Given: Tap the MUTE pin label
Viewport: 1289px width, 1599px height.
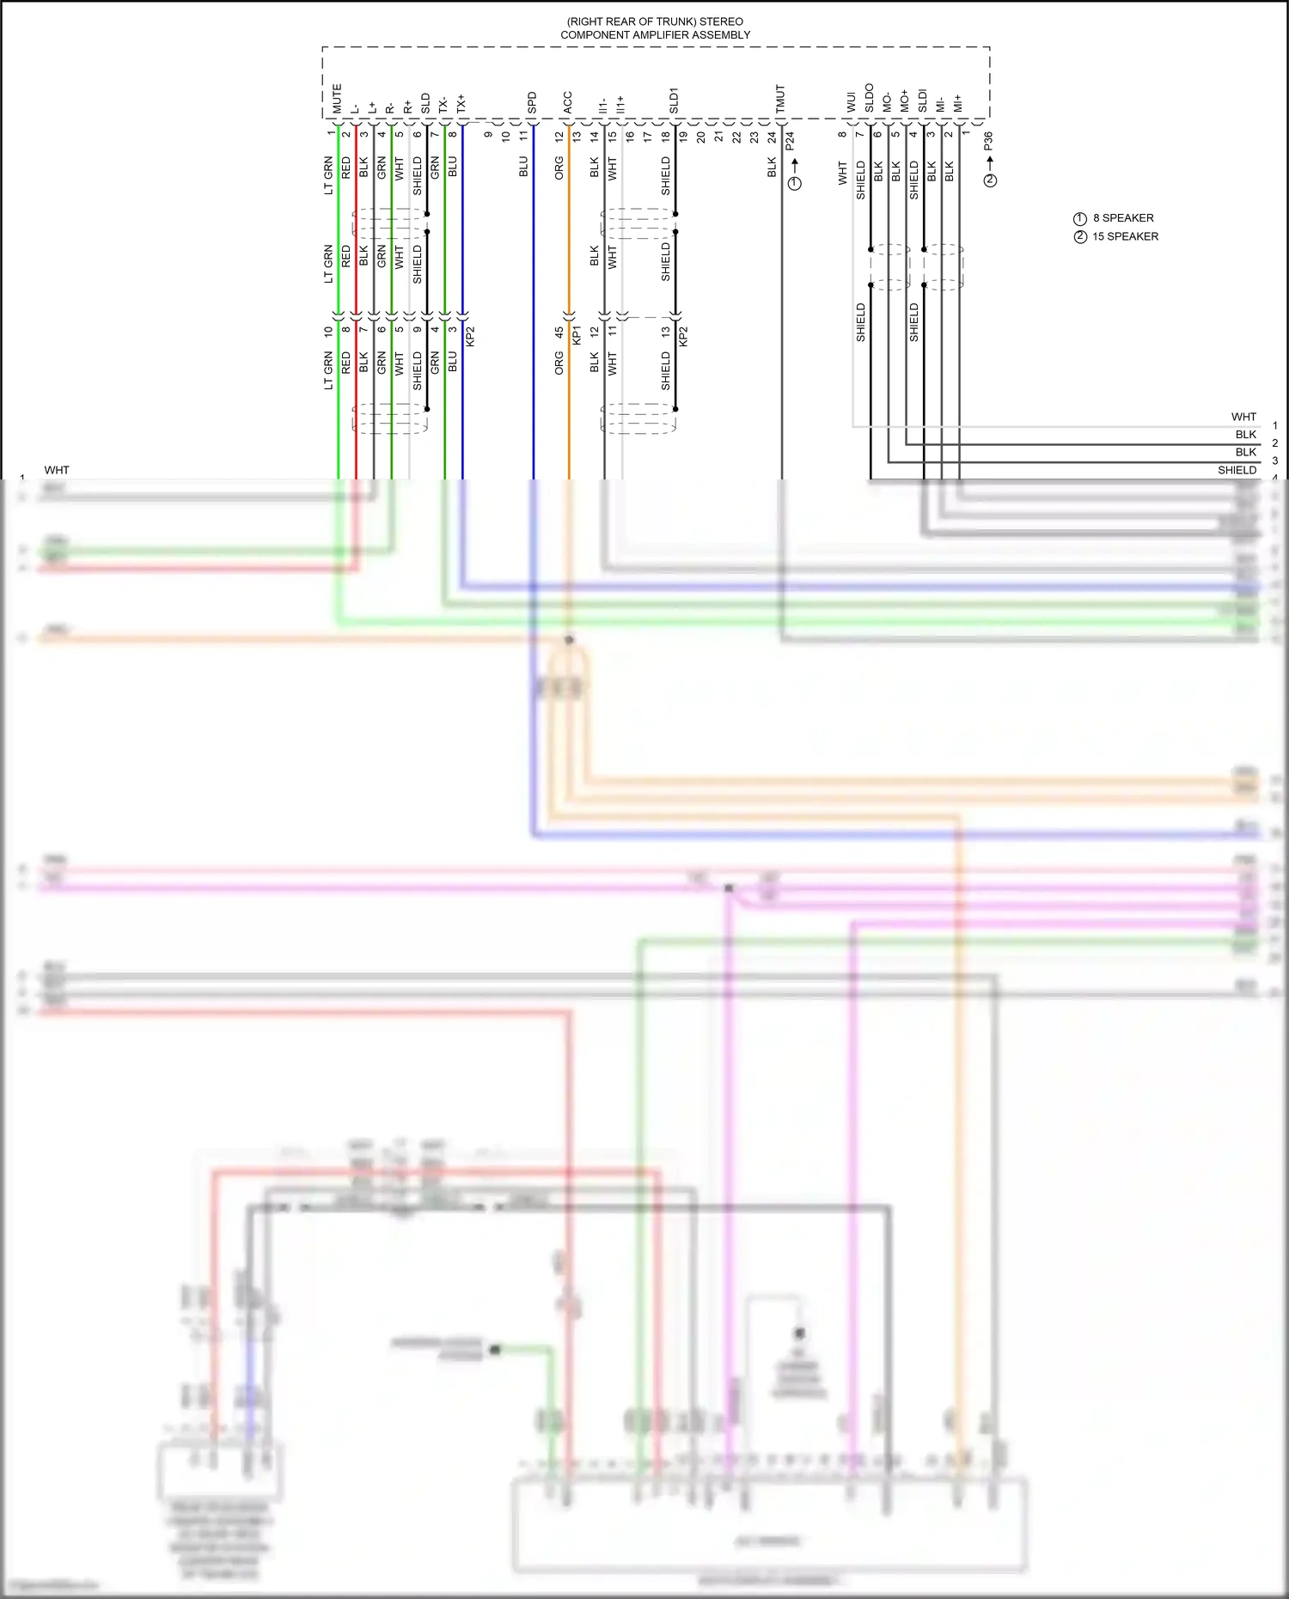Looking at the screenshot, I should (x=337, y=99).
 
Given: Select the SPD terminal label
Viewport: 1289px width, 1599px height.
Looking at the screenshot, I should (x=532, y=103).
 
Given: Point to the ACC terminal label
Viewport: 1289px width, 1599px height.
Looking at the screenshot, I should (x=568, y=103).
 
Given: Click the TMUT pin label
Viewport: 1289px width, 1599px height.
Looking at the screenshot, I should (x=780, y=99).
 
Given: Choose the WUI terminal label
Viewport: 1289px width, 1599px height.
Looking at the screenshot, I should (x=851, y=103).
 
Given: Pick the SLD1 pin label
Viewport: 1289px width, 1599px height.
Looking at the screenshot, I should (x=675, y=101).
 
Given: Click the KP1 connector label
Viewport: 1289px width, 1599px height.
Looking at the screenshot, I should (x=577, y=335).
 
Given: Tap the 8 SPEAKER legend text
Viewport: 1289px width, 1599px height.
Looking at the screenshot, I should (x=1123, y=218).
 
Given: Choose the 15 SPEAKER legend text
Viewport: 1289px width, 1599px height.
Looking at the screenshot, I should (x=1125, y=236).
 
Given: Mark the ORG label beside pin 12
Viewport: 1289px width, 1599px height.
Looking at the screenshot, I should (x=559, y=168).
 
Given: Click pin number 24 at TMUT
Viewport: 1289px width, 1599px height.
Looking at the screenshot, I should (x=772, y=136).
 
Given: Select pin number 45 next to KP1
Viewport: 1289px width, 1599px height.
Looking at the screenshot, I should (x=559, y=332).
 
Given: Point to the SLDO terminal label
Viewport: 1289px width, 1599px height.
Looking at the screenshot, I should (x=869, y=98).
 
